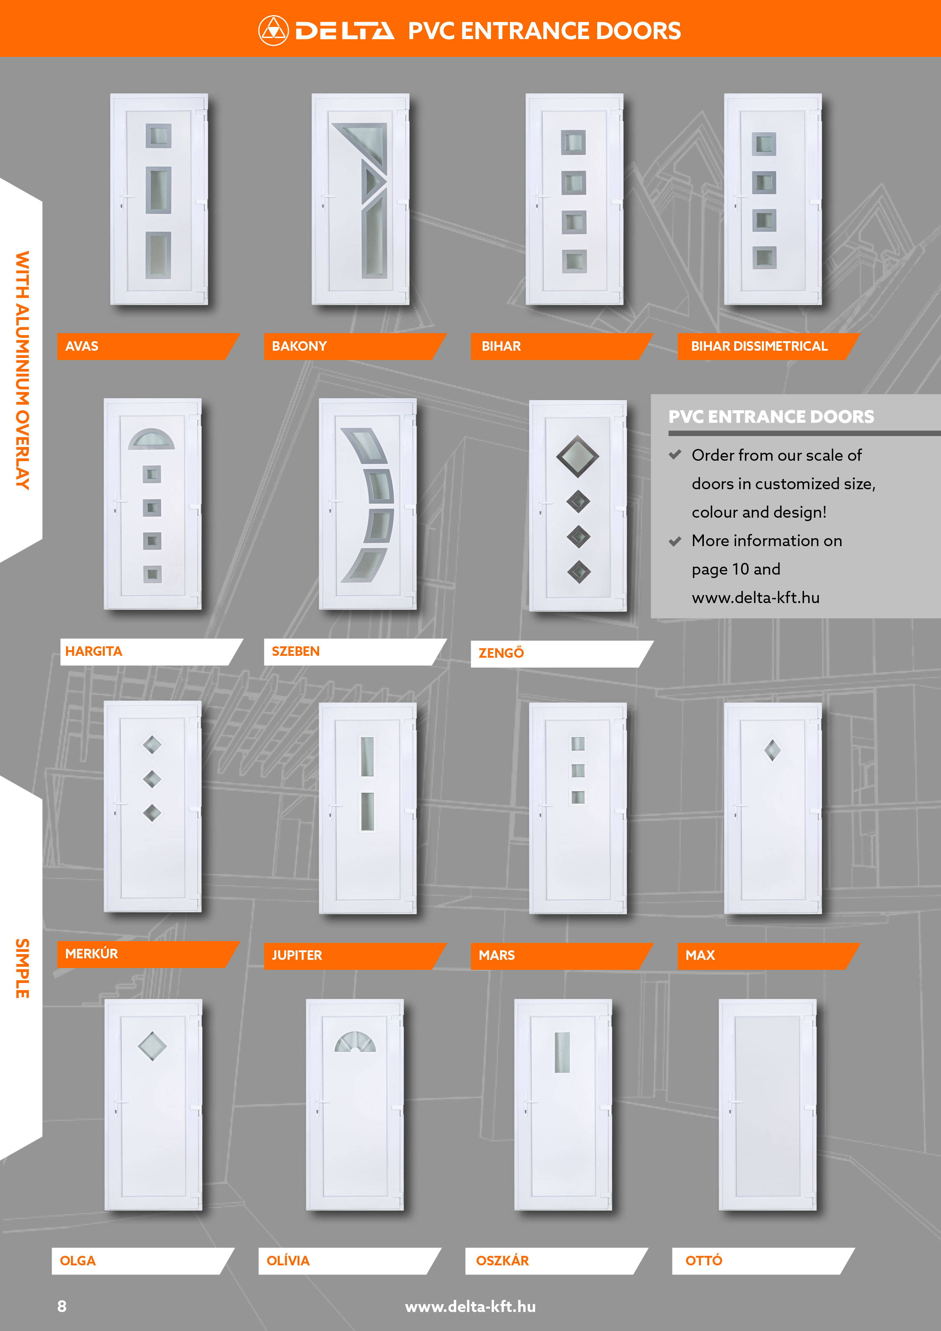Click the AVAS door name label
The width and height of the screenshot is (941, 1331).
coord(82,346)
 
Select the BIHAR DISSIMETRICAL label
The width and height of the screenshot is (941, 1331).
coord(759,346)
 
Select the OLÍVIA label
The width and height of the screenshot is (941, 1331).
coord(288,1260)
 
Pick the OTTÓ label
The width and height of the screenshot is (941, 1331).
coord(703,1260)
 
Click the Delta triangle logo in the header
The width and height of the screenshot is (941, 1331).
coord(273,31)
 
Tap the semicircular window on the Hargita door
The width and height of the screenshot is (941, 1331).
coord(151,439)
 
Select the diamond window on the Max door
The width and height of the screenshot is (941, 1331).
coord(773,750)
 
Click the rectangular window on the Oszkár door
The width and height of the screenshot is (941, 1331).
coord(562,1052)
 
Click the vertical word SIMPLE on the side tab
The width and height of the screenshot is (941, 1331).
coord(22,968)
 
